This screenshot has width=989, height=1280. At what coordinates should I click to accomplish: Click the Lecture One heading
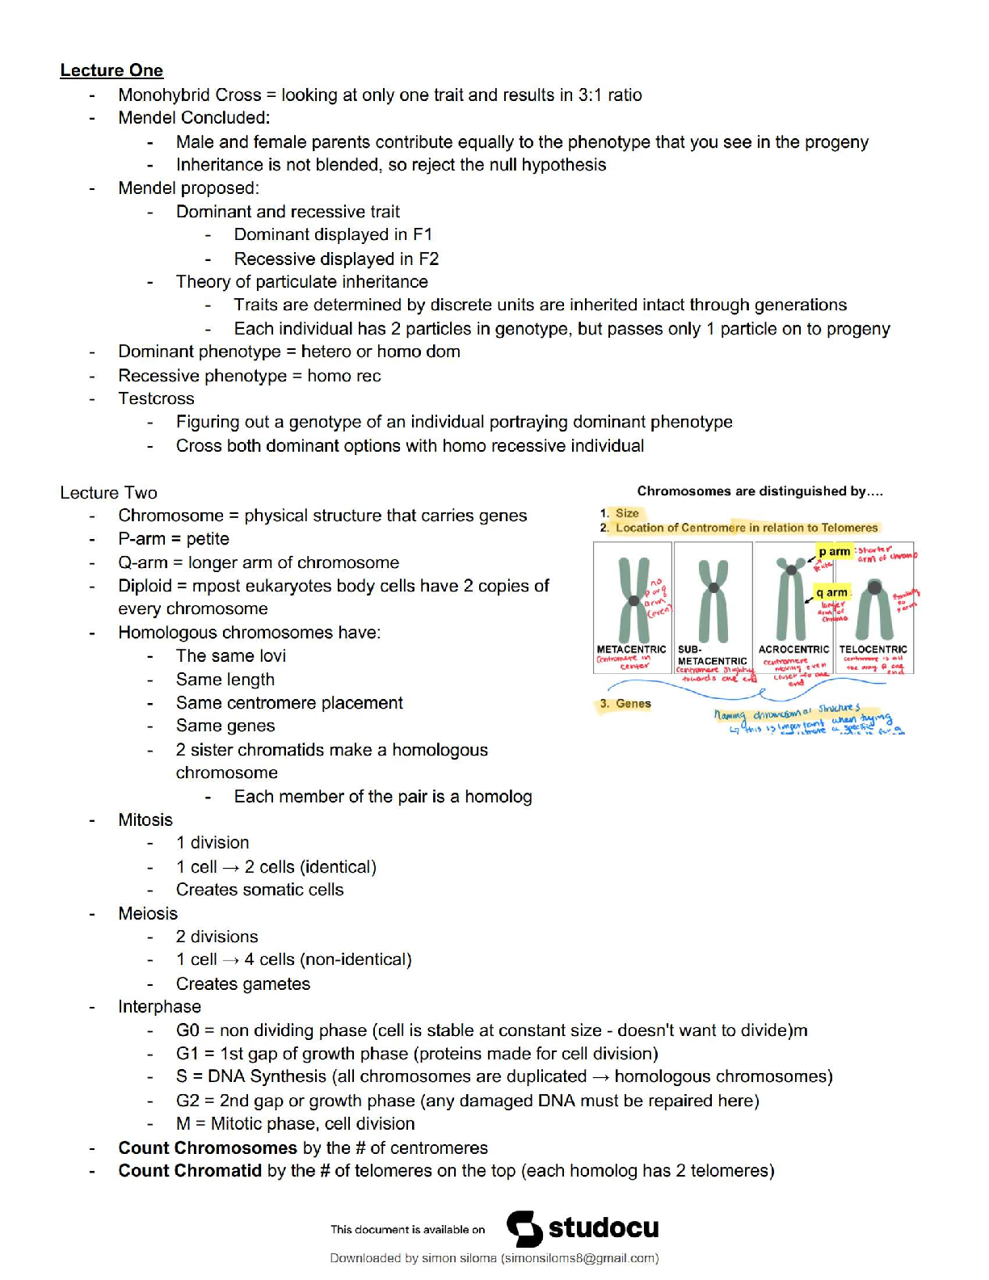point(112,70)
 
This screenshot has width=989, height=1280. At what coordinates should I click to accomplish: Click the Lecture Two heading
point(108,493)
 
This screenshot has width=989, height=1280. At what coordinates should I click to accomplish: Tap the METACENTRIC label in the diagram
point(631,649)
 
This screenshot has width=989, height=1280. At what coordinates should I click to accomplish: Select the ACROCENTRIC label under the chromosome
point(793,649)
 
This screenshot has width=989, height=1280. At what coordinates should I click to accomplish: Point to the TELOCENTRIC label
point(873,649)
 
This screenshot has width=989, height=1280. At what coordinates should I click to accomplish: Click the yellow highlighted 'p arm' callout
point(834,551)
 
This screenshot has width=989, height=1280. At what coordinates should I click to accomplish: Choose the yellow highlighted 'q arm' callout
point(831,592)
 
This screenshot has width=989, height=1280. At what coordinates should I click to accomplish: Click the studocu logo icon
point(524,1229)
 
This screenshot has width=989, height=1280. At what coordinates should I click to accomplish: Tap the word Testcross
point(156,398)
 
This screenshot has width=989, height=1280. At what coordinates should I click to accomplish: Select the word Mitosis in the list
point(145,819)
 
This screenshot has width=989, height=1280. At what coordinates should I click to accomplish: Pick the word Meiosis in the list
point(148,913)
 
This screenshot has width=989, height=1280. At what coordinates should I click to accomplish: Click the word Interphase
point(159,1007)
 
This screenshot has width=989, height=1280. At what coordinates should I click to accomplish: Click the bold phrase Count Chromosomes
point(208,1147)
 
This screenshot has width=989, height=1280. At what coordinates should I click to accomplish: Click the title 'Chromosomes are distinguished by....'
point(760,491)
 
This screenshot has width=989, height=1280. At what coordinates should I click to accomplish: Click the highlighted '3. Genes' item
point(626,704)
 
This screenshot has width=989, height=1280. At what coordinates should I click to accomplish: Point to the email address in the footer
point(579,1258)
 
